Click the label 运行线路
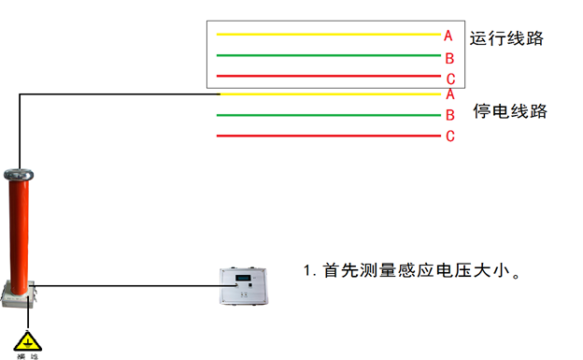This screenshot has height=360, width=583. pos(506,39)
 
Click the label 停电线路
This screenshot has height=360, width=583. pos(509,111)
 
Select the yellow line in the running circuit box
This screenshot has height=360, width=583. pos(327,35)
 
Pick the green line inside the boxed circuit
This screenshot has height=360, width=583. pos(327,55)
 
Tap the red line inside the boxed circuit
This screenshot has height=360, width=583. pos(327,76)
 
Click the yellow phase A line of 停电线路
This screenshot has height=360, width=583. pos(327,94)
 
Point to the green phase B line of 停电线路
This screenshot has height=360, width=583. pos(327,115)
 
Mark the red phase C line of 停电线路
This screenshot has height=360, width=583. pos(327,136)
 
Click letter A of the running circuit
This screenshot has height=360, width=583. pos(448,36)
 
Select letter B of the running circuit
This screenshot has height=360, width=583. pos(449,58)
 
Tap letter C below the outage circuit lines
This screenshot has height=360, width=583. pos(449,137)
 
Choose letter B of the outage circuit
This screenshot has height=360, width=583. pos(449,115)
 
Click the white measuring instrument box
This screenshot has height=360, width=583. pos(248,286)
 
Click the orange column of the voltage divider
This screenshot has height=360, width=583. pos(20,229)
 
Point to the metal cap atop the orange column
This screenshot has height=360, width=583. pos(19,174)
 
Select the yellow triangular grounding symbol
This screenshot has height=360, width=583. pos(28,340)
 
